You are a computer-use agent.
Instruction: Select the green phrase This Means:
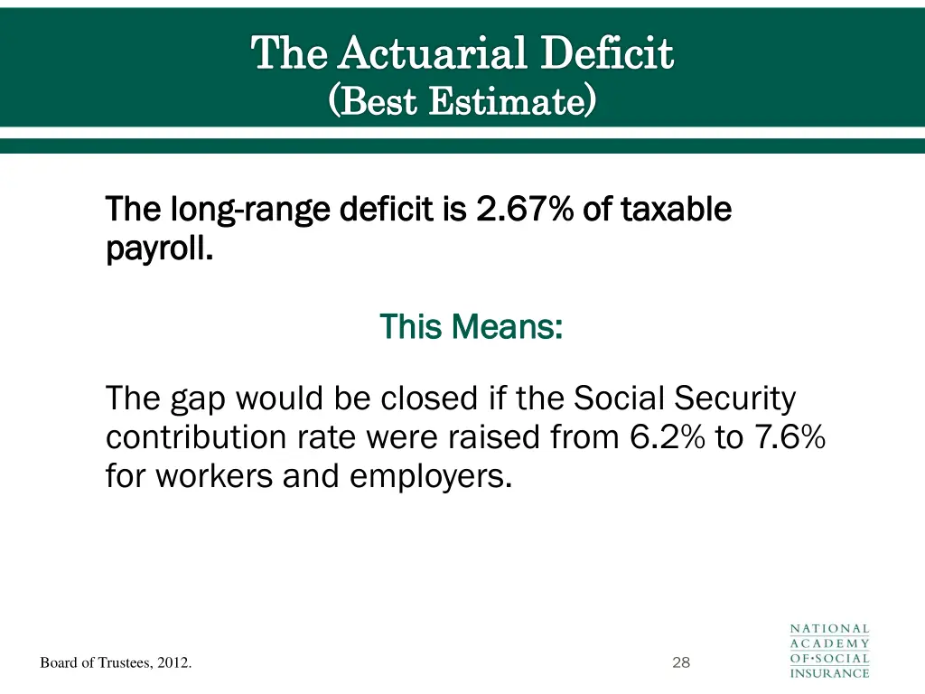[x=471, y=325]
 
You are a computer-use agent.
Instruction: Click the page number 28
[x=681, y=663]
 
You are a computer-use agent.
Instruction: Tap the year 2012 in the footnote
[x=174, y=664]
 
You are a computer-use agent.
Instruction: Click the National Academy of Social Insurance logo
[x=829, y=651]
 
